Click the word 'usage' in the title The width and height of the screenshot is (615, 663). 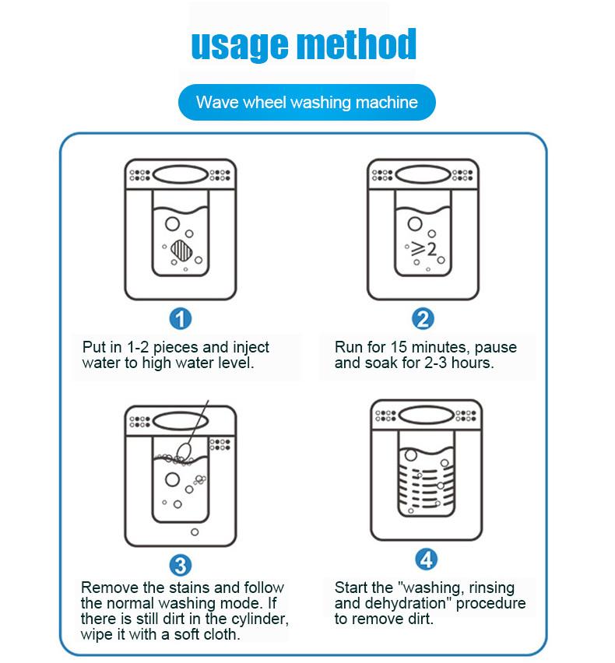point(241,46)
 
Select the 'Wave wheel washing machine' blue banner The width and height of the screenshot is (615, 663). point(307,102)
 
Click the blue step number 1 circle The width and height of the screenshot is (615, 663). point(181,319)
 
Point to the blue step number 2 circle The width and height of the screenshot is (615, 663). point(423,319)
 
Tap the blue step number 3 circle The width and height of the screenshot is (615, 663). point(181,565)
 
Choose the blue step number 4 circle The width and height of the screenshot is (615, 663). point(427,560)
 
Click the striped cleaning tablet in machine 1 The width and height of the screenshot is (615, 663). point(182,250)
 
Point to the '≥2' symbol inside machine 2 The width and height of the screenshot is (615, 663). point(423,250)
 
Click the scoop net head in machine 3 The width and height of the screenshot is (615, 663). point(184,451)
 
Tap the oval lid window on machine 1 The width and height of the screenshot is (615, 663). point(181,174)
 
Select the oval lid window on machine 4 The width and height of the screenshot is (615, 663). point(427,416)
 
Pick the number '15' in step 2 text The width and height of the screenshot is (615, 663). point(399,347)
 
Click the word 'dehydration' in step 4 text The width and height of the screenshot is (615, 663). point(408,603)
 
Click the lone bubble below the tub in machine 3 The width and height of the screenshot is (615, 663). point(195,532)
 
